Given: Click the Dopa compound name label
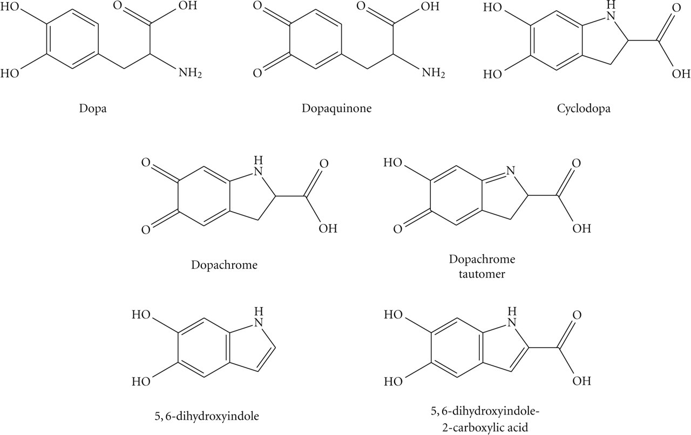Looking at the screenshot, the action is [x=93, y=109].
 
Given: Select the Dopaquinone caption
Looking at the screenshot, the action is [x=336, y=109].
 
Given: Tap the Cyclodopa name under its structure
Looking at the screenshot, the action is [x=584, y=109].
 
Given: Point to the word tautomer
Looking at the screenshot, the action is [x=482, y=274].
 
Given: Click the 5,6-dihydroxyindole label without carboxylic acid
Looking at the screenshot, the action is [x=207, y=417].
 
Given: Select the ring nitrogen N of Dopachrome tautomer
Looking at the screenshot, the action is [x=511, y=171].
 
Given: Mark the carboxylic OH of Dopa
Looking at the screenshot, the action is [x=187, y=6].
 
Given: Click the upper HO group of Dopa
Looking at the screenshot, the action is [x=10, y=7].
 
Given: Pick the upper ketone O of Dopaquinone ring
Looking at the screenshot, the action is [x=258, y=6].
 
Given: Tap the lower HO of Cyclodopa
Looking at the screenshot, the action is [x=493, y=74].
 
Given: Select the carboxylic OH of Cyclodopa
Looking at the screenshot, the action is [x=681, y=74].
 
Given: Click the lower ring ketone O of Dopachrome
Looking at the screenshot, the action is [x=146, y=229].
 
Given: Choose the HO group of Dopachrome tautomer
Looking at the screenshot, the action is [x=392, y=162].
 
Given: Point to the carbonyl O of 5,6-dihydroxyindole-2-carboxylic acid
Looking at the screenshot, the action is [x=577, y=315].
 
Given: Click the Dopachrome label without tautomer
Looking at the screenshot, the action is [x=224, y=266].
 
